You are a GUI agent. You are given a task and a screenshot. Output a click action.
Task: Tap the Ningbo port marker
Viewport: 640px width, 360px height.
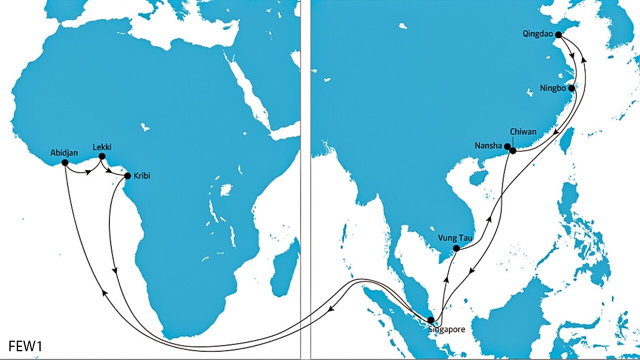[571, 88]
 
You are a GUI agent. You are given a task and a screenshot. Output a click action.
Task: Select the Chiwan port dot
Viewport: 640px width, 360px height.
[513, 150]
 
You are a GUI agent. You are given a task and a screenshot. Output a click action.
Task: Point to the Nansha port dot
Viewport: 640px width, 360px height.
[507, 146]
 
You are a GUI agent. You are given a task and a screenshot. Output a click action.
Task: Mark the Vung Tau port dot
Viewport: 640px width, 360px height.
[456, 248]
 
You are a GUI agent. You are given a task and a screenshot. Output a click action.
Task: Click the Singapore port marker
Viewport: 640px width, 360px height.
[431, 320]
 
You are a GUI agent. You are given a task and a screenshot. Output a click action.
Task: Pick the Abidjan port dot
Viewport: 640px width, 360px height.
[64, 162]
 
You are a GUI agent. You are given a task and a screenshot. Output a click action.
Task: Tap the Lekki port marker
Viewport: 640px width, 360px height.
[102, 156]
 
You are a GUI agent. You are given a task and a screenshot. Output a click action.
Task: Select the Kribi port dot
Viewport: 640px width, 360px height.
[127, 176]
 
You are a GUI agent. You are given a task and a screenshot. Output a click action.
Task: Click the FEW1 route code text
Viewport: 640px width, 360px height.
[25, 345]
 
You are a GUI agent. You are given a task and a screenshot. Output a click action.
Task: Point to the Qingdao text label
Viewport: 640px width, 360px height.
[536, 34]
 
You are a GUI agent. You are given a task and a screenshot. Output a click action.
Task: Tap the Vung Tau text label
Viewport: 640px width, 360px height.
[454, 237]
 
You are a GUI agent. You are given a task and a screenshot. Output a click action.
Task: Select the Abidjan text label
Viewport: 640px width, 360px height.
[64, 153]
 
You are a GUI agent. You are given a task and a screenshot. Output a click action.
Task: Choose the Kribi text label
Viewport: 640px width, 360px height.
[142, 176]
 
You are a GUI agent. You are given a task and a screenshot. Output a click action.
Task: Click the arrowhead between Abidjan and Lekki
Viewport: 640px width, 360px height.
[88, 172]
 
